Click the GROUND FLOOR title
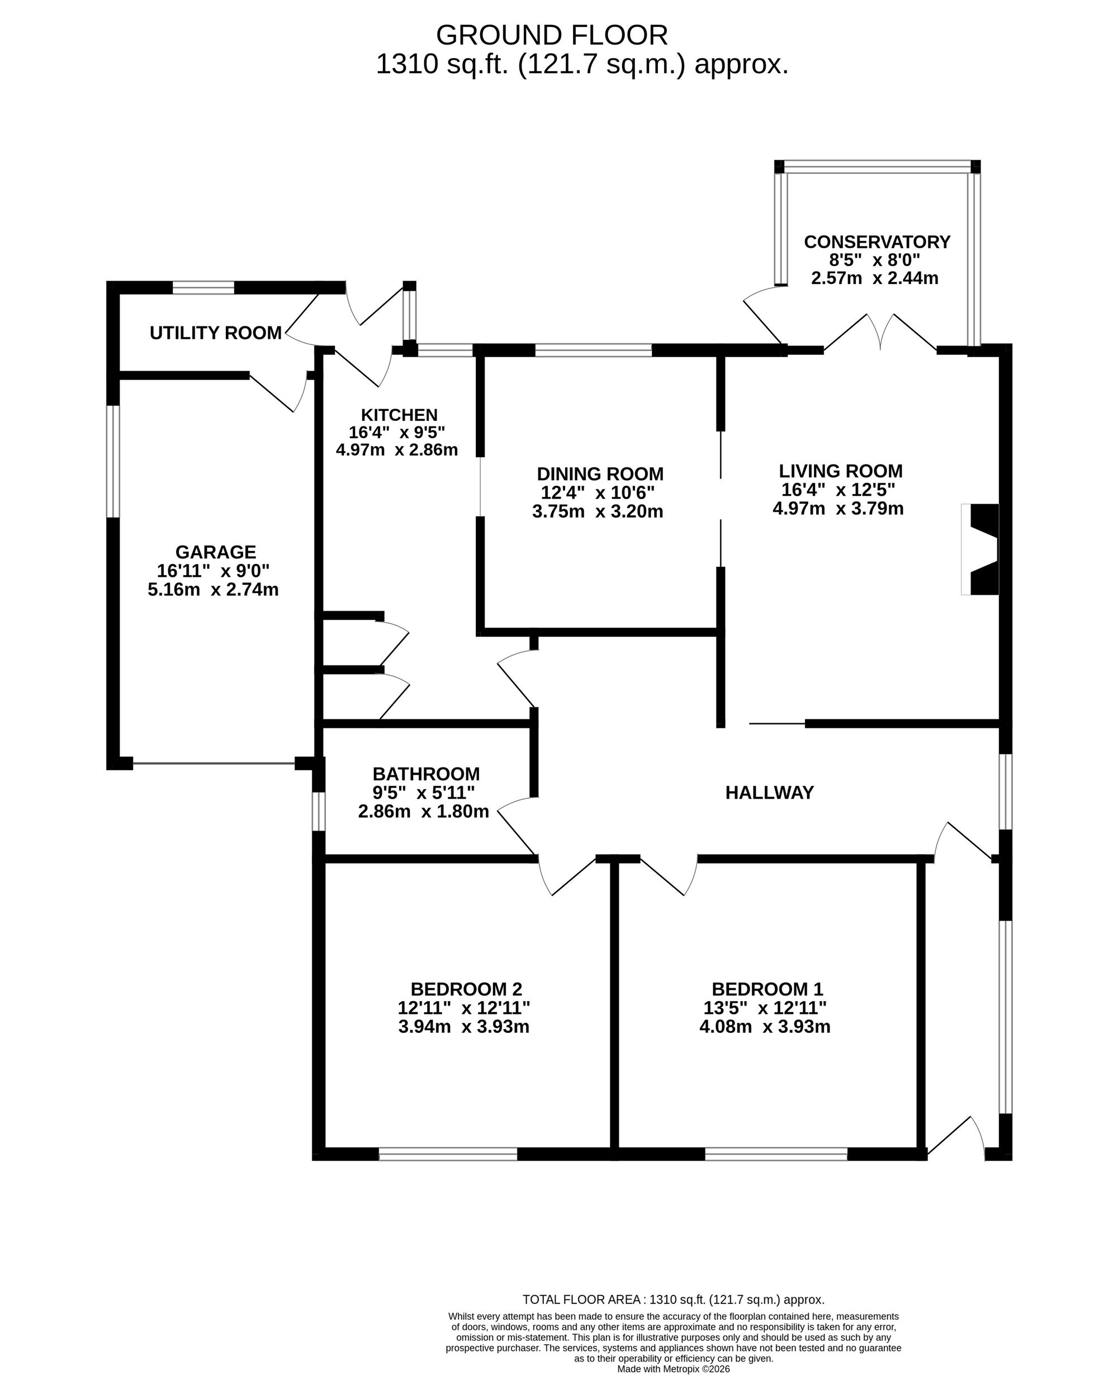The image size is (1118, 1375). click(x=552, y=35)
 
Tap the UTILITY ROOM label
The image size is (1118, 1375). click(x=216, y=333)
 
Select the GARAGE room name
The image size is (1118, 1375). click(x=216, y=552)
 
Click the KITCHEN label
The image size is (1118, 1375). click(x=399, y=415)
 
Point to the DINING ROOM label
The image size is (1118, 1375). click(x=600, y=474)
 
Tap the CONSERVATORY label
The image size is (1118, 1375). click(x=877, y=242)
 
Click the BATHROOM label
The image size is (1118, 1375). click(x=427, y=774)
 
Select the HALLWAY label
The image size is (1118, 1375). click(x=770, y=792)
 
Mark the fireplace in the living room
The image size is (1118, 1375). click(x=980, y=549)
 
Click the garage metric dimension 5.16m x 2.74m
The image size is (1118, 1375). click(x=213, y=589)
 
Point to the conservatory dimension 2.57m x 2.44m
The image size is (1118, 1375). click(x=875, y=278)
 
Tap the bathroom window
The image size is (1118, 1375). click(x=318, y=812)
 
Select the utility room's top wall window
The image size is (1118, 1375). click(x=203, y=288)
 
